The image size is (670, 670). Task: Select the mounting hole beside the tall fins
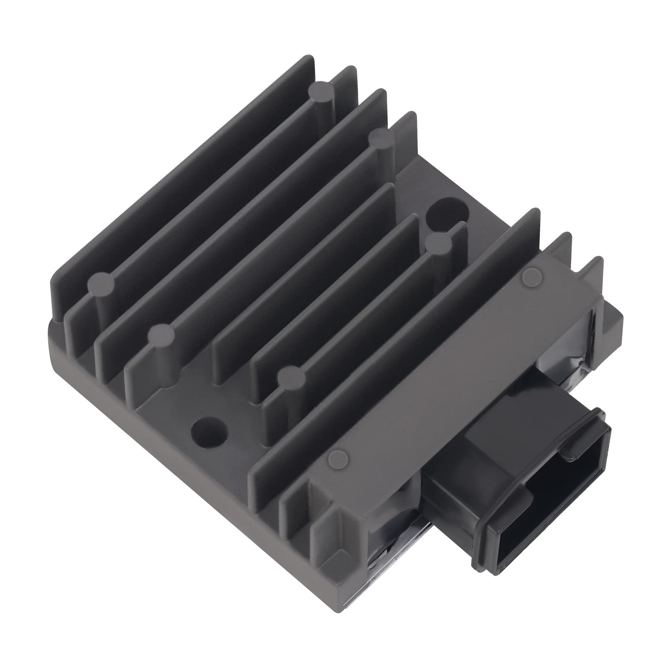(x=445, y=211)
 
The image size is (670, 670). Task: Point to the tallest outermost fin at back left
(x=180, y=167)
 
